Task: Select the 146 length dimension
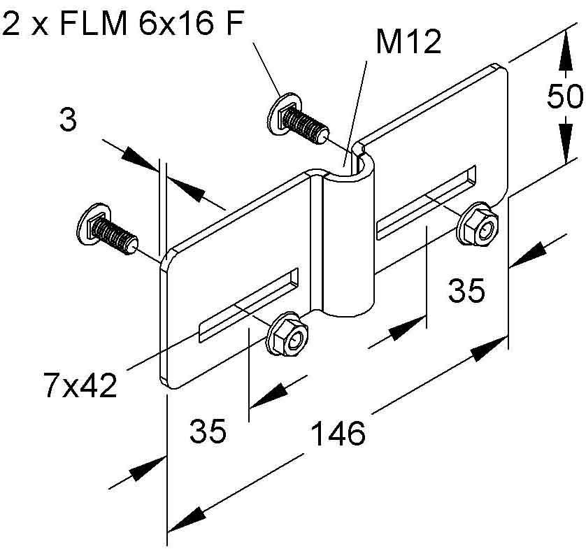338,434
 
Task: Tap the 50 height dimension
564,97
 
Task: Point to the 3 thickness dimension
67,120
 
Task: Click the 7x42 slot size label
78,385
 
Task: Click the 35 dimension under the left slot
208,432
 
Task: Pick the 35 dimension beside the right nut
466,290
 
